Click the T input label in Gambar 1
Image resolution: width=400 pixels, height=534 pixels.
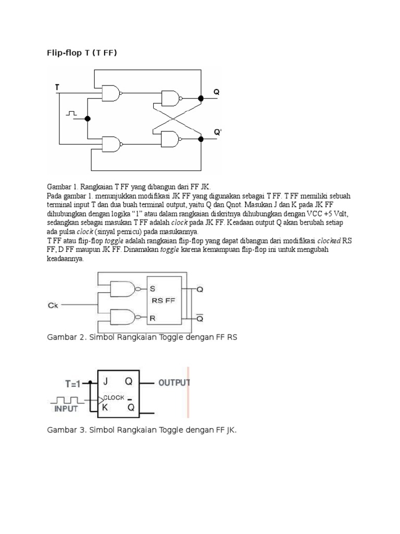pos(57,88)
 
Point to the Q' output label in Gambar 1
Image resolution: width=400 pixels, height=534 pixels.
pos(218,132)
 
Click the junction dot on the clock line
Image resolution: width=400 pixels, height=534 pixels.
pos(87,118)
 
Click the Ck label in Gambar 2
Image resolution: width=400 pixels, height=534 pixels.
pos(53,306)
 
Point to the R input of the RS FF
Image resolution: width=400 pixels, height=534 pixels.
pos(153,317)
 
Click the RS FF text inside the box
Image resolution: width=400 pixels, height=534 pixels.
pos(160,300)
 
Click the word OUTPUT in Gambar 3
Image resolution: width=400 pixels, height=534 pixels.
pos(174,383)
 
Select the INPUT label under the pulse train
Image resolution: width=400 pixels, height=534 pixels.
pos(66,409)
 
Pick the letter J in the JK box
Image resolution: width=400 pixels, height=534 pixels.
pos(105,382)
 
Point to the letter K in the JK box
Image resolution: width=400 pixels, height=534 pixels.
pos(105,408)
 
